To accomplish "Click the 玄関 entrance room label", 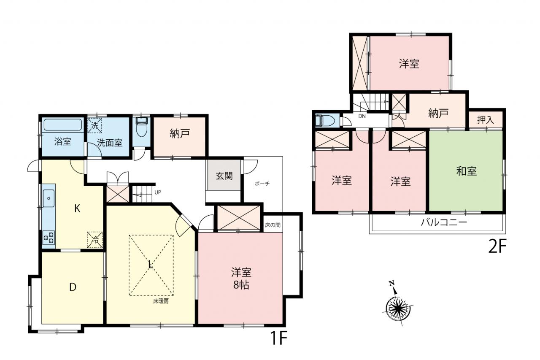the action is [x=224, y=176].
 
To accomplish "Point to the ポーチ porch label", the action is [x=262, y=184].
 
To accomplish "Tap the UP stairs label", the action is [x=158, y=192].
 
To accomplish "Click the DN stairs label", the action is [x=362, y=116].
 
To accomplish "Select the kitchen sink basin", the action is [x=49, y=198].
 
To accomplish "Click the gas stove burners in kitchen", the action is [x=49, y=238].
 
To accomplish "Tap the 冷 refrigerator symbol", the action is [x=95, y=240].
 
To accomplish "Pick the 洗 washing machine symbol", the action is [x=94, y=125].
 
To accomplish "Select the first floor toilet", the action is [x=141, y=127].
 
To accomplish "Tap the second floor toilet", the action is [x=325, y=120].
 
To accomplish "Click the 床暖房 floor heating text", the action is [x=161, y=301].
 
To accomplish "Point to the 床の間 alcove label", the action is [x=273, y=225].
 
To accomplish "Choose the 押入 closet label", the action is [x=486, y=120].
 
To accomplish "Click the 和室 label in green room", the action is [x=467, y=171].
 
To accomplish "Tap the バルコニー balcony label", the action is [x=444, y=222].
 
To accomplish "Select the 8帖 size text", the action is [x=241, y=285].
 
